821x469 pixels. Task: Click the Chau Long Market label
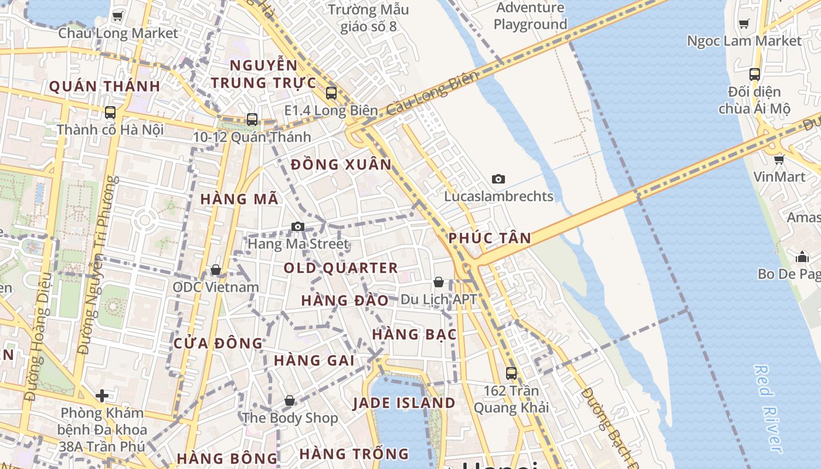[117, 33]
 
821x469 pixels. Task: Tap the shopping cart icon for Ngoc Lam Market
[744, 24]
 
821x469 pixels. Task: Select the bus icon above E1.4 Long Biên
[331, 93]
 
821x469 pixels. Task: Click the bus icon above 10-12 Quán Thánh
[252, 120]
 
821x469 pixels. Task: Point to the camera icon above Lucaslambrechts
[498, 179]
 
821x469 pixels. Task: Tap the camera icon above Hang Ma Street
[298, 226]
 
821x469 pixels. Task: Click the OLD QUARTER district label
[341, 269]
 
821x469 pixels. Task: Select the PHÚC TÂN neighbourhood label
[490, 238]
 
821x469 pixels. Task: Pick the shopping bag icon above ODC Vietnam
[216, 270]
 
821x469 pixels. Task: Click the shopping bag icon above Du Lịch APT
[438, 283]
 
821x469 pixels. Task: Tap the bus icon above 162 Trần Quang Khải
[511, 373]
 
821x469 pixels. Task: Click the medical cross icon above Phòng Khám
[102, 396]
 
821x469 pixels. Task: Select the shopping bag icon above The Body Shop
[290, 400]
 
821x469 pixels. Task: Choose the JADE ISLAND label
[403, 403]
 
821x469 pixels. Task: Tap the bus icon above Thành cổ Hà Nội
[110, 112]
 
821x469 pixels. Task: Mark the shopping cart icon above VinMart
[779, 159]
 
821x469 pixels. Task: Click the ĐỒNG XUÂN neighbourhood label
[341, 165]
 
